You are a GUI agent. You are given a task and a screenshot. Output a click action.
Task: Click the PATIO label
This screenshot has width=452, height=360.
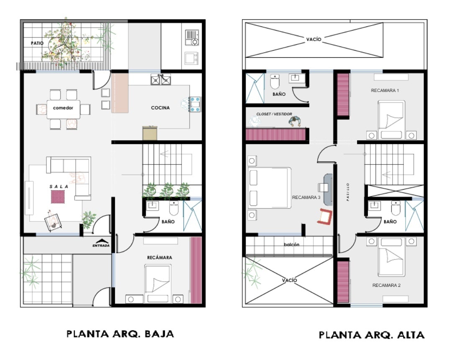click(x=37, y=43)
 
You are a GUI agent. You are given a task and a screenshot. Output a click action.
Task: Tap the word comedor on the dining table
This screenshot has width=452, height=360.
click(x=63, y=108)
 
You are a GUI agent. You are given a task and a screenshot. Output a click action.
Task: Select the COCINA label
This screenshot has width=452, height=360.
click(x=160, y=108)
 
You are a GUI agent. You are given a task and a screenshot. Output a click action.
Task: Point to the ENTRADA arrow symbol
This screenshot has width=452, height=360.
click(x=102, y=241)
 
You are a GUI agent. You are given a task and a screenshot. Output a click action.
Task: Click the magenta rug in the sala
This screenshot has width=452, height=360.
click(x=58, y=197)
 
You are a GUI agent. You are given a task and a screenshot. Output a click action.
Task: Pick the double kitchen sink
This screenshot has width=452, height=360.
click(x=161, y=80)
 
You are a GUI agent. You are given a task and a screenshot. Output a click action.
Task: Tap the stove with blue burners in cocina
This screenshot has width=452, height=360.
click(x=195, y=104)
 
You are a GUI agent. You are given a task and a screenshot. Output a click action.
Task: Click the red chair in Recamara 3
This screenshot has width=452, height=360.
click(x=325, y=216)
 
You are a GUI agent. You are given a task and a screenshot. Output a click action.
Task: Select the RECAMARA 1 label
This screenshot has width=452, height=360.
click(x=385, y=90)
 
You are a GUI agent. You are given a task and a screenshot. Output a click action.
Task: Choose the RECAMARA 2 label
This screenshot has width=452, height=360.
click(x=386, y=285)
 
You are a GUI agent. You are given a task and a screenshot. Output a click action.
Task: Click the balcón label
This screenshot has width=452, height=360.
click(x=291, y=244)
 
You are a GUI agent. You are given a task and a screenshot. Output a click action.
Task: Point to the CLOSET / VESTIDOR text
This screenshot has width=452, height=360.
click(x=274, y=114)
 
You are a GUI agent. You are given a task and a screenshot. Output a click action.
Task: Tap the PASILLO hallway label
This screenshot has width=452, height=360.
click(x=348, y=192)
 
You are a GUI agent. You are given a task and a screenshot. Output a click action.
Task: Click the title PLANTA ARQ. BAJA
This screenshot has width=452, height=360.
click(x=120, y=334)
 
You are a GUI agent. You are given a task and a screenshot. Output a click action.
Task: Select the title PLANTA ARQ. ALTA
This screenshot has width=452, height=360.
click(x=372, y=335)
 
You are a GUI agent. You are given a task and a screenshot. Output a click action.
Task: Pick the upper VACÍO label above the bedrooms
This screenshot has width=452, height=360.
click(x=313, y=39)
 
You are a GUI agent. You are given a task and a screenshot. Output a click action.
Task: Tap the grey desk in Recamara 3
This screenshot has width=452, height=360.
click(x=328, y=189)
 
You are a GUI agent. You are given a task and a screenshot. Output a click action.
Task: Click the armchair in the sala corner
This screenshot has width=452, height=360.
click(x=53, y=222)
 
